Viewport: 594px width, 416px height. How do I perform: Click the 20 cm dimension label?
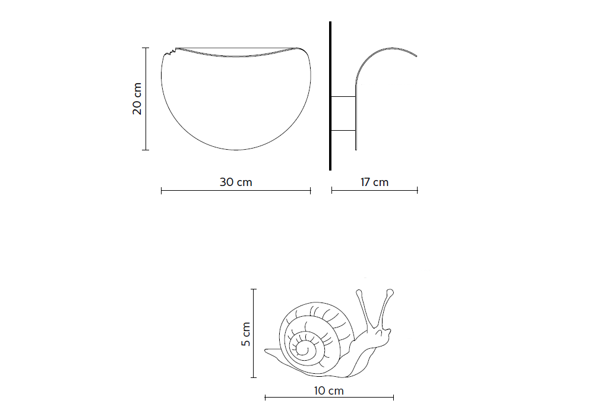[137, 99]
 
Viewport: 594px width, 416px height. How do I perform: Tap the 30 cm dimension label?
[236, 182]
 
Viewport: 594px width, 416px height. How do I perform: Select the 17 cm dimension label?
[374, 182]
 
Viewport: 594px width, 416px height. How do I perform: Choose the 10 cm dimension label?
[329, 390]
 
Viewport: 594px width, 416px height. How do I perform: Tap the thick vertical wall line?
[330, 95]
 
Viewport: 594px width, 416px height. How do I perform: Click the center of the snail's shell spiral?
[304, 349]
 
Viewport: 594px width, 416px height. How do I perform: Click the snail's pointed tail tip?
[266, 351]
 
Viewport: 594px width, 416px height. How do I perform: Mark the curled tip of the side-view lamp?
[416, 56]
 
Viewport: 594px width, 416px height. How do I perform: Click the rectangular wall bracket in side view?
[343, 113]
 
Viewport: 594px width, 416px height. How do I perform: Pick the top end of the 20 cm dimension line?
[146, 48]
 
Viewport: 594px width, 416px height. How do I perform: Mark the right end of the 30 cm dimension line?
[311, 190]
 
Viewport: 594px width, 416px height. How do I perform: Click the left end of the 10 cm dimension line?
[265, 397]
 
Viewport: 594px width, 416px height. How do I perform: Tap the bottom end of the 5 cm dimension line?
[254, 377]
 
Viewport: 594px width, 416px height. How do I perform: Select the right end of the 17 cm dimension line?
[417, 190]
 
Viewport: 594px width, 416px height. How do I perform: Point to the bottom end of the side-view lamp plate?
[356, 149]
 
